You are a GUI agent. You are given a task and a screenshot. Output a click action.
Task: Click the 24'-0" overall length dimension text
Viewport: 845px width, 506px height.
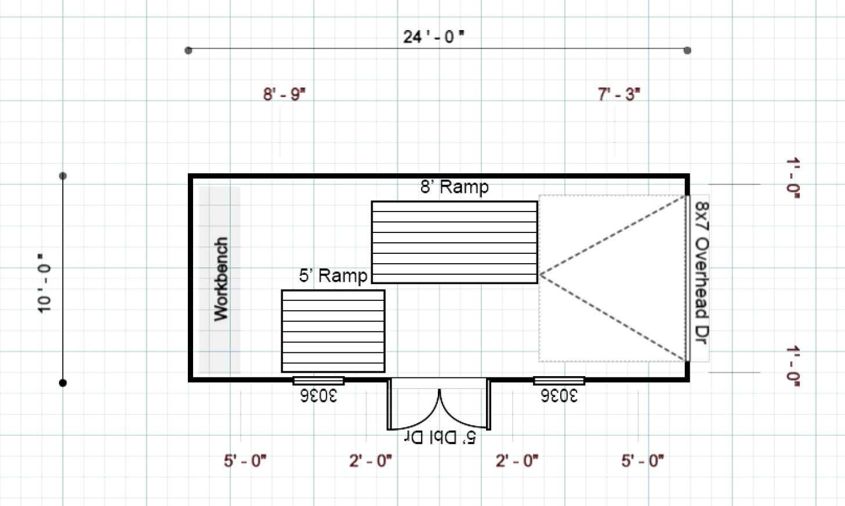[433, 37]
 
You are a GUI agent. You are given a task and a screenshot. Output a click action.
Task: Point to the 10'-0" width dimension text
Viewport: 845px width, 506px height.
[44, 283]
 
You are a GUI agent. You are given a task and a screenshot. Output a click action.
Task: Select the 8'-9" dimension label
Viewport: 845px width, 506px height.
[284, 94]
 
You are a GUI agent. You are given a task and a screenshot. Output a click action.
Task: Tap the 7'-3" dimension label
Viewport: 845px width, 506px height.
[619, 94]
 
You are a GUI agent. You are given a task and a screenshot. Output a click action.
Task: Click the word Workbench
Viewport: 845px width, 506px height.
[221, 279]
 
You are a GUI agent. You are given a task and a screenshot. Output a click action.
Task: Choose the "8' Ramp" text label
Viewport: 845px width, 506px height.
[454, 187]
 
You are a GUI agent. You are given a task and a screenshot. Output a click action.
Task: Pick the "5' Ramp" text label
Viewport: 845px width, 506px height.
[333, 275]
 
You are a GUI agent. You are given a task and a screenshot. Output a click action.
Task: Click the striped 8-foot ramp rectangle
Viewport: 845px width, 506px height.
[454, 242]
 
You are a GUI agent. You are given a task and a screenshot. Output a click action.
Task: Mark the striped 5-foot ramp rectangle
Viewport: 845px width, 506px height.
[333, 331]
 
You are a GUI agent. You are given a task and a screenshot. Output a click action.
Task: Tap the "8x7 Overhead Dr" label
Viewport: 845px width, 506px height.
[701, 272]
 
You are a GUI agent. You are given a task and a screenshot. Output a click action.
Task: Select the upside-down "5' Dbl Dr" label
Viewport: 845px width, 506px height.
[440, 437]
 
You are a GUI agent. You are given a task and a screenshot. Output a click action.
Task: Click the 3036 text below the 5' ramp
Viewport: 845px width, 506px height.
[318, 396]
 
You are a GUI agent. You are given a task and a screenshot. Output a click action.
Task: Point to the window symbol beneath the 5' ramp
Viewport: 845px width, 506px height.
[318, 381]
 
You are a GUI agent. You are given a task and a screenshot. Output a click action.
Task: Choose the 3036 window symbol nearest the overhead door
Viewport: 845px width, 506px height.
[559, 381]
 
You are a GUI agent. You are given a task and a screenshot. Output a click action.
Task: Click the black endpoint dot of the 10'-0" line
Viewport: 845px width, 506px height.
[63, 383]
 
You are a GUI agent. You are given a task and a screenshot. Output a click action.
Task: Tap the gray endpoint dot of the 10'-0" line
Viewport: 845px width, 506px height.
[63, 176]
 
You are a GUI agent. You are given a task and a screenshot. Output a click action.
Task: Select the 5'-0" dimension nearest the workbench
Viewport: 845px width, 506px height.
[245, 461]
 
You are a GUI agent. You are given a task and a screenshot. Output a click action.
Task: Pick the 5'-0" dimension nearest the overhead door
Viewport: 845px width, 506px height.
[642, 461]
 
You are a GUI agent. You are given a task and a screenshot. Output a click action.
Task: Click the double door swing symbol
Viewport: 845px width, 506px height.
[439, 406]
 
